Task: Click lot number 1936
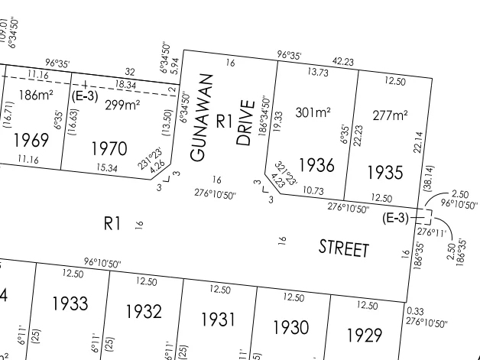pos(316,164)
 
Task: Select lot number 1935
pos(386,170)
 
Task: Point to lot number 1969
pos(31,141)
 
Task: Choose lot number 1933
pos(70,303)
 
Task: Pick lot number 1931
pos(218,319)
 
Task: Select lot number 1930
pos(291,327)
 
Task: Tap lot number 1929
pos(365,335)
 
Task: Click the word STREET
pos(344,248)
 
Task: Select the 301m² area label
pos(313,112)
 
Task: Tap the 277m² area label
pos(389,115)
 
